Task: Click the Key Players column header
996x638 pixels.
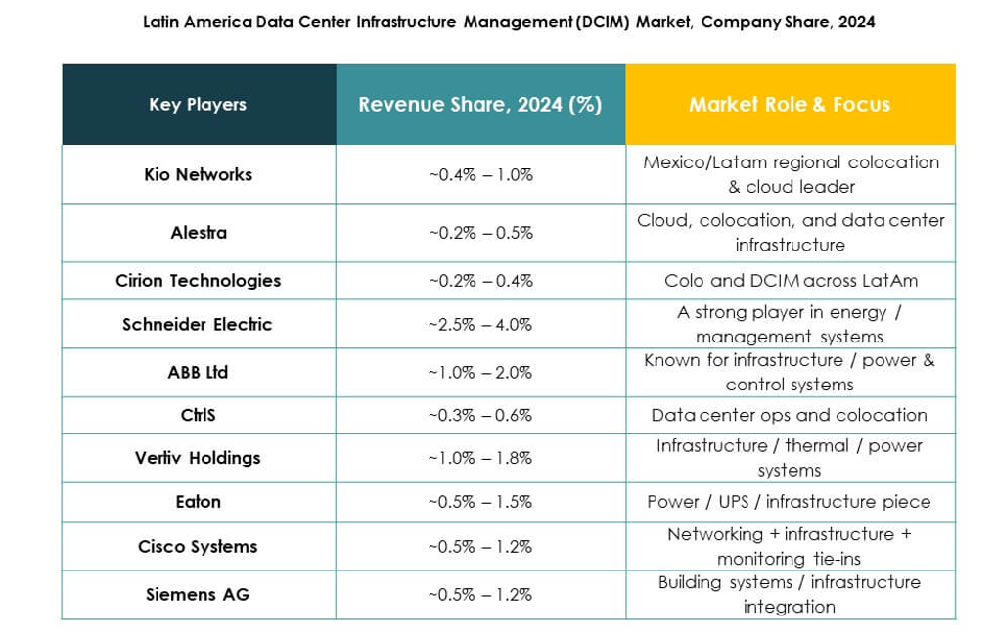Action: point(198,105)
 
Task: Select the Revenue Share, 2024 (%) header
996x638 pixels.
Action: point(479,105)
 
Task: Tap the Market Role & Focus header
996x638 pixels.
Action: point(790,105)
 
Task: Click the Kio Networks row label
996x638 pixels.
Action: point(198,174)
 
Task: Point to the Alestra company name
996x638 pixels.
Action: point(198,233)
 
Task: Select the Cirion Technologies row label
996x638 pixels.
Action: point(198,281)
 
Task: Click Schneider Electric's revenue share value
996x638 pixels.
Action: point(479,324)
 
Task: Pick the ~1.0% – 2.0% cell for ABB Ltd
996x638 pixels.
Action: point(479,373)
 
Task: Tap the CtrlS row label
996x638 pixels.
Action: point(198,415)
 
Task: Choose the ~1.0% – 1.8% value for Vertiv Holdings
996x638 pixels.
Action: point(479,458)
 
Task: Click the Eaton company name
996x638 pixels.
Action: point(198,502)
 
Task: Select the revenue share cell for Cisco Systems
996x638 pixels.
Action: point(479,547)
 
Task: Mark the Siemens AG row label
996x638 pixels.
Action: point(198,594)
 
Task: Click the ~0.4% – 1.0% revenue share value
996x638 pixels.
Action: point(479,174)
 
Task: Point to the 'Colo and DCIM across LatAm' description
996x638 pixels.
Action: point(790,281)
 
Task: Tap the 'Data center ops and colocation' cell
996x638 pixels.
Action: point(790,415)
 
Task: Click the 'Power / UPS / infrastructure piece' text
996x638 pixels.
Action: point(790,502)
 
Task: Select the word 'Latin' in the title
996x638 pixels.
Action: point(162,22)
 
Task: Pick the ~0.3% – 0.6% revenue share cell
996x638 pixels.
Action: point(479,415)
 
